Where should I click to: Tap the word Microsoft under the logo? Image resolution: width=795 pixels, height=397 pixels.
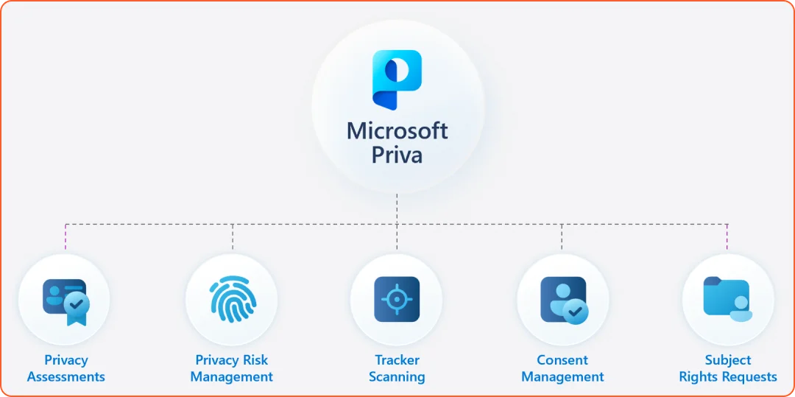(397, 131)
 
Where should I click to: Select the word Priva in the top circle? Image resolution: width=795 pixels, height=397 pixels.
(397, 155)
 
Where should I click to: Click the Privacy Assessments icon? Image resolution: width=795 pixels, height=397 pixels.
(66, 300)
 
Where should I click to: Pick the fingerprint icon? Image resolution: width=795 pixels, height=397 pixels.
(231, 300)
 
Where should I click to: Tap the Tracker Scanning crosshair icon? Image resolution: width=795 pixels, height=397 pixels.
(397, 300)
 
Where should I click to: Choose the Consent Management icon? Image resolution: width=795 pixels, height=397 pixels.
(562, 300)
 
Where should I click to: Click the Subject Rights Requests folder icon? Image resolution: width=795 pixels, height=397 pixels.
(727, 298)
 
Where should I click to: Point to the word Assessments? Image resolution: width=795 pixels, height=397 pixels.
(66, 377)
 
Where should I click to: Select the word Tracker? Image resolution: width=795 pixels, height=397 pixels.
(397, 360)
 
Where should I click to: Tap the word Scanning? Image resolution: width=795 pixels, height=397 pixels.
(397, 377)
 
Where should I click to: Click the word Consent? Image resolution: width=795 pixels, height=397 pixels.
(562, 360)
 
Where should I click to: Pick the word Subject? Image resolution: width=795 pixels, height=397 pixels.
(727, 360)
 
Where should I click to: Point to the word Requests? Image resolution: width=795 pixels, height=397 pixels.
(749, 377)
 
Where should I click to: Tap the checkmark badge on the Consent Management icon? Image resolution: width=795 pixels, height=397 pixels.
(576, 312)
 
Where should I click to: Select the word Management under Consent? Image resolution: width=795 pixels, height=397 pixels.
(562, 377)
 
